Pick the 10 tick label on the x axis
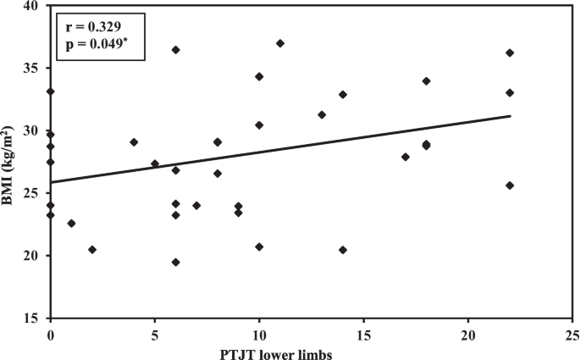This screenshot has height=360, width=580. pyautogui.click(x=259, y=333)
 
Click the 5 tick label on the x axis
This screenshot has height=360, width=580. pyautogui.click(x=155, y=333)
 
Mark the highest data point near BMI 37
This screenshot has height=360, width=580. pyautogui.click(x=280, y=43)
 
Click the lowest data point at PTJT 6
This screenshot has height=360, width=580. pyautogui.click(x=175, y=263)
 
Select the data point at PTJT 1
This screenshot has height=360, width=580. pyautogui.click(x=71, y=224)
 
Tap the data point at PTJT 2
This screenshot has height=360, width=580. pyautogui.click(x=92, y=250)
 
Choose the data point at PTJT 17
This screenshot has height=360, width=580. pyautogui.click(x=406, y=157)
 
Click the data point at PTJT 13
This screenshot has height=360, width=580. pyautogui.click(x=322, y=115)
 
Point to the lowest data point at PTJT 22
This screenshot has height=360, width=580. pyautogui.click(x=510, y=186)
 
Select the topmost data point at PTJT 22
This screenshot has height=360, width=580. pyautogui.click(x=510, y=53)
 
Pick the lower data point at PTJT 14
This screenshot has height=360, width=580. pyautogui.click(x=343, y=250)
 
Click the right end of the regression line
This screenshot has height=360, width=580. pyautogui.click(x=510, y=116)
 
